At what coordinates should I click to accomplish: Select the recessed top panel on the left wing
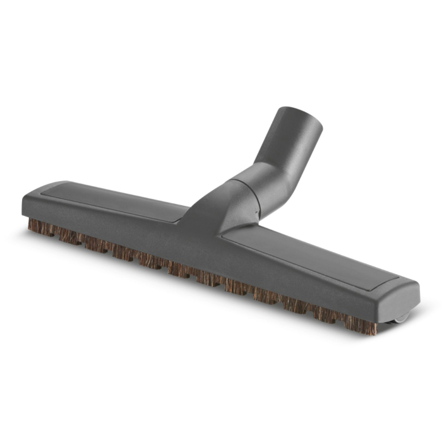click(120, 198)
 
